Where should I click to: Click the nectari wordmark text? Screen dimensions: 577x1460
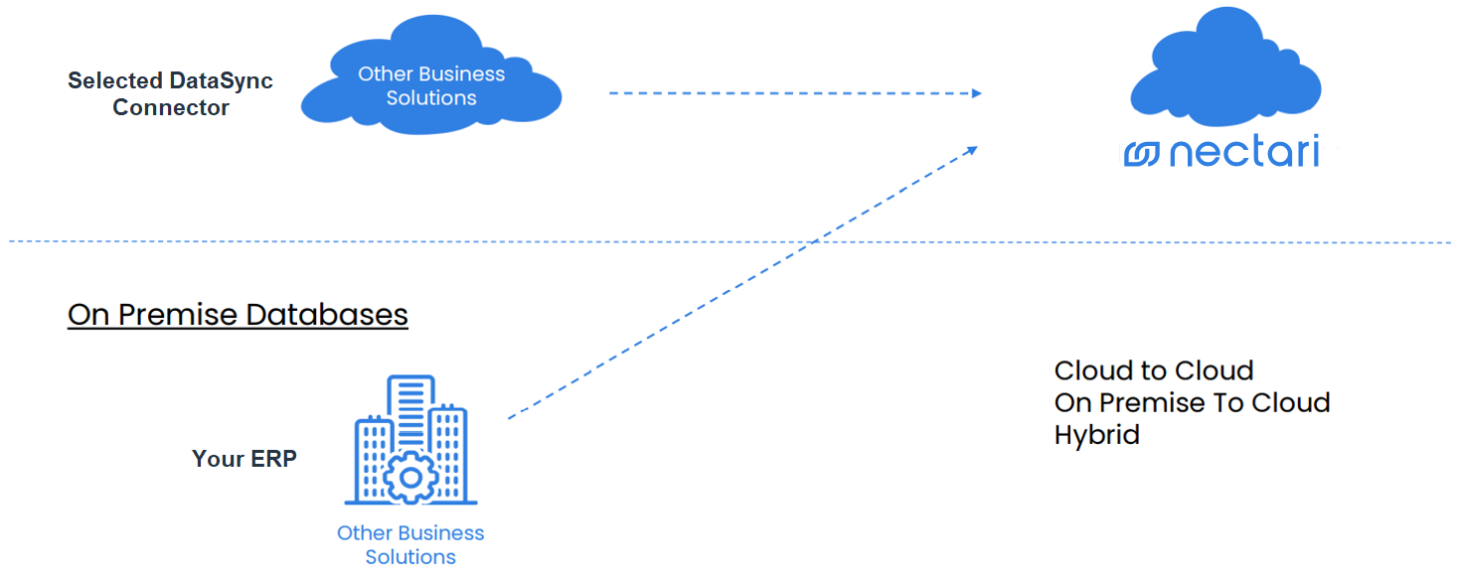pyautogui.click(x=1243, y=154)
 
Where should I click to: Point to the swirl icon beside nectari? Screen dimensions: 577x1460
pyautogui.click(x=1142, y=155)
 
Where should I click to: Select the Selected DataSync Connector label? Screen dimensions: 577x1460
pyautogui.click(x=170, y=94)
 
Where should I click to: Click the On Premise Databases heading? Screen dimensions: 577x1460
pyautogui.click(x=238, y=315)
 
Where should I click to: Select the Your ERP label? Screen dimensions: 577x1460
pyautogui.click(x=243, y=459)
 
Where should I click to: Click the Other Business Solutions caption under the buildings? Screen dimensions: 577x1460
pyautogui.click(x=410, y=544)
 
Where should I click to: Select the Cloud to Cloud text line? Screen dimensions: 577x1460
pyautogui.click(x=1153, y=371)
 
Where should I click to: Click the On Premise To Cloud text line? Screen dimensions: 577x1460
pyautogui.click(x=1192, y=403)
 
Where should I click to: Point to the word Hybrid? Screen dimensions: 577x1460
pyautogui.click(x=1096, y=435)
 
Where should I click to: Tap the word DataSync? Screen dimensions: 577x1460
pyautogui.click(x=221, y=81)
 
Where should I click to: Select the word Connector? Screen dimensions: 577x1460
pyautogui.click(x=171, y=108)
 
